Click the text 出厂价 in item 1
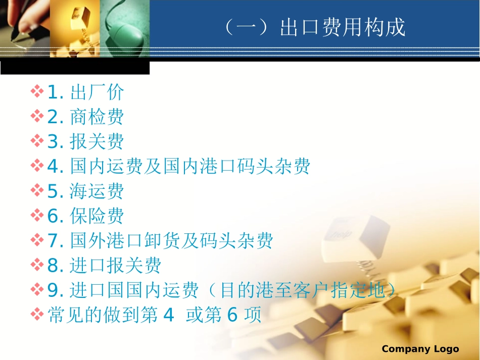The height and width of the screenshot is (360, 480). point(97,92)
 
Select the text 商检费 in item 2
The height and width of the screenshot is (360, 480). point(97,117)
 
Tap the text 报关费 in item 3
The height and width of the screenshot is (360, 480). point(97,142)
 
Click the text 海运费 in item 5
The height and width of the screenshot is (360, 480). point(97,191)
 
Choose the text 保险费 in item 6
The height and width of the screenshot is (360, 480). point(97,216)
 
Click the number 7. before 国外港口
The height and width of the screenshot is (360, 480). point(55,241)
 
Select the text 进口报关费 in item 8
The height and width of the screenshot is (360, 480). point(116,266)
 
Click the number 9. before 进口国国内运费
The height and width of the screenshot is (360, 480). point(55,290)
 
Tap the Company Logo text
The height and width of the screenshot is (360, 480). point(420,349)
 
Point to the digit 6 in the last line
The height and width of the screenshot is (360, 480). point(232,316)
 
